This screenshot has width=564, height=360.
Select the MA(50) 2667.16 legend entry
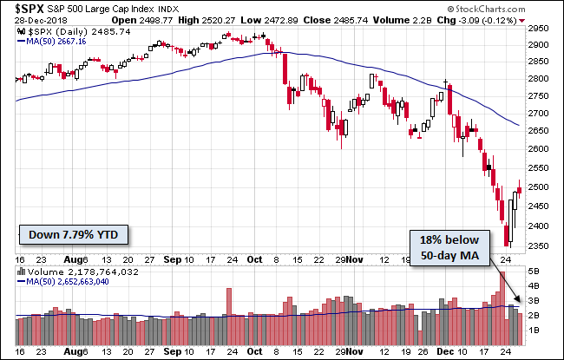(59, 40)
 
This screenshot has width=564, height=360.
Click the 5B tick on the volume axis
(534, 271)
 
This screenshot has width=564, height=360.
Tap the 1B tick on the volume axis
(534, 331)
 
